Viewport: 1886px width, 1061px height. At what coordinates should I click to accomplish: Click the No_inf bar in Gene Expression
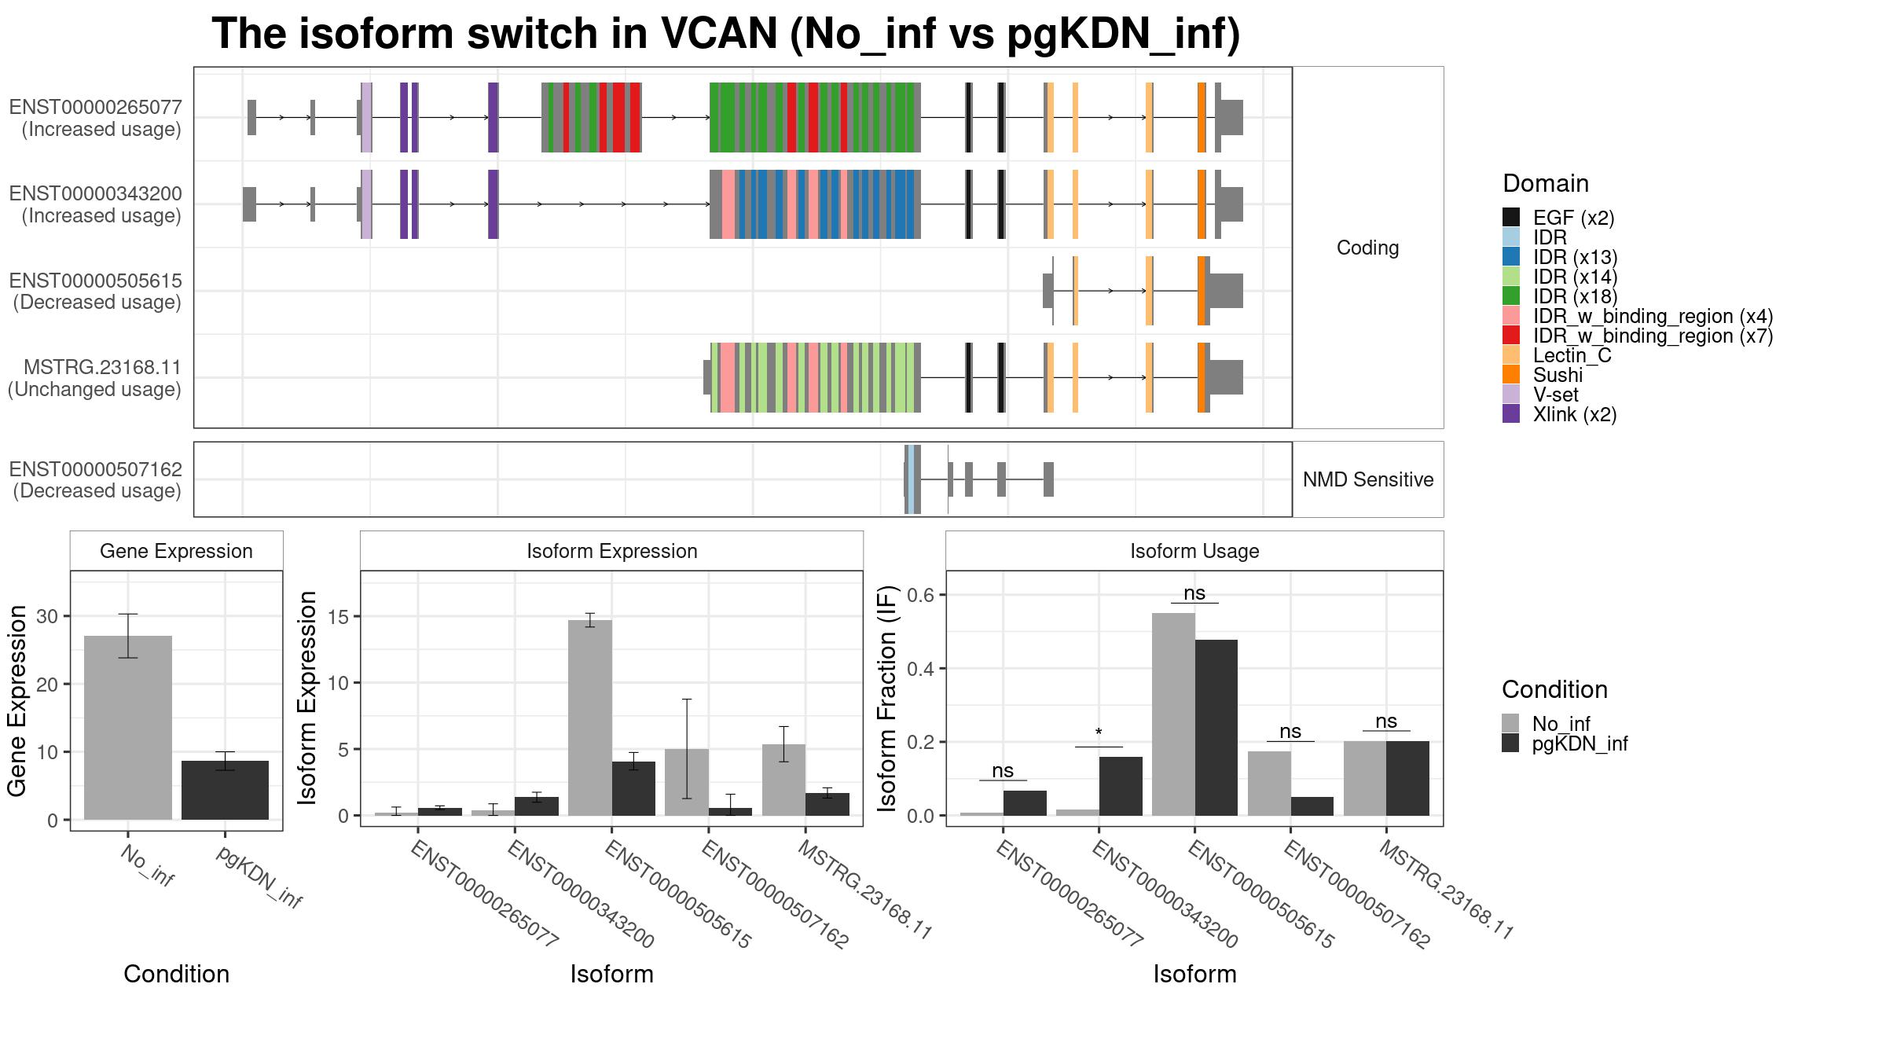point(128,728)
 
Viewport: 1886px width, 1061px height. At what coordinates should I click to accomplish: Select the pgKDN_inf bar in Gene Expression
point(225,790)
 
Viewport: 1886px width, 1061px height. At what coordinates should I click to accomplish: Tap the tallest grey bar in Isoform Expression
point(590,718)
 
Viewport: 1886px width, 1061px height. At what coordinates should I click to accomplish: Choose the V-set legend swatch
point(1511,395)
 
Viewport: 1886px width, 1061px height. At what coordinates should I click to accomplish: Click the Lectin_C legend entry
point(1557,355)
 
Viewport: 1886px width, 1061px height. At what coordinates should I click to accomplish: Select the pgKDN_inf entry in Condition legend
point(1565,743)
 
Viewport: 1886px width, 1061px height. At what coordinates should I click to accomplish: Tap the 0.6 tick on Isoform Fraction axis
point(924,595)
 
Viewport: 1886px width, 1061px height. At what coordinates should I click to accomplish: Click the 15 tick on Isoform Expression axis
point(339,616)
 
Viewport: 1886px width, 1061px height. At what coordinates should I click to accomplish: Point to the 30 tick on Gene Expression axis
point(47,616)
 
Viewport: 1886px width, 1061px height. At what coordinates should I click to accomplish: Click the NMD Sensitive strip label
point(1368,479)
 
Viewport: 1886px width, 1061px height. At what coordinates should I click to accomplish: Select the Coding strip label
point(1368,248)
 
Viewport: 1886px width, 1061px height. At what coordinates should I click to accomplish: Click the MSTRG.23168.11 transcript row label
point(95,378)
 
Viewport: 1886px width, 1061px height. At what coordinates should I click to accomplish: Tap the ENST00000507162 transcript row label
point(96,479)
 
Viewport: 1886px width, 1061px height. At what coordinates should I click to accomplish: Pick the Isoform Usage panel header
point(1194,551)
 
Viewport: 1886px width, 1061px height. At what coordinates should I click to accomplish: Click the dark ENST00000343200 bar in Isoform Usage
point(1121,786)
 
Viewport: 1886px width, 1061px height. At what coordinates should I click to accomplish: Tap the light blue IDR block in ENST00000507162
point(910,479)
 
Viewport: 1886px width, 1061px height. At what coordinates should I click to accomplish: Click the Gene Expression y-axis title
point(17,700)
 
